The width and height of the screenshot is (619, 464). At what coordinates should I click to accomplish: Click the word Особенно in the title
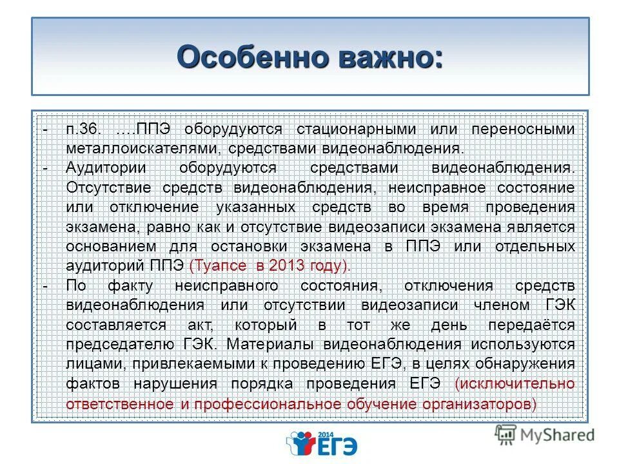coord(242,57)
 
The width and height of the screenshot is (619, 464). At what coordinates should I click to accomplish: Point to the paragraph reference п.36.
coord(83,128)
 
